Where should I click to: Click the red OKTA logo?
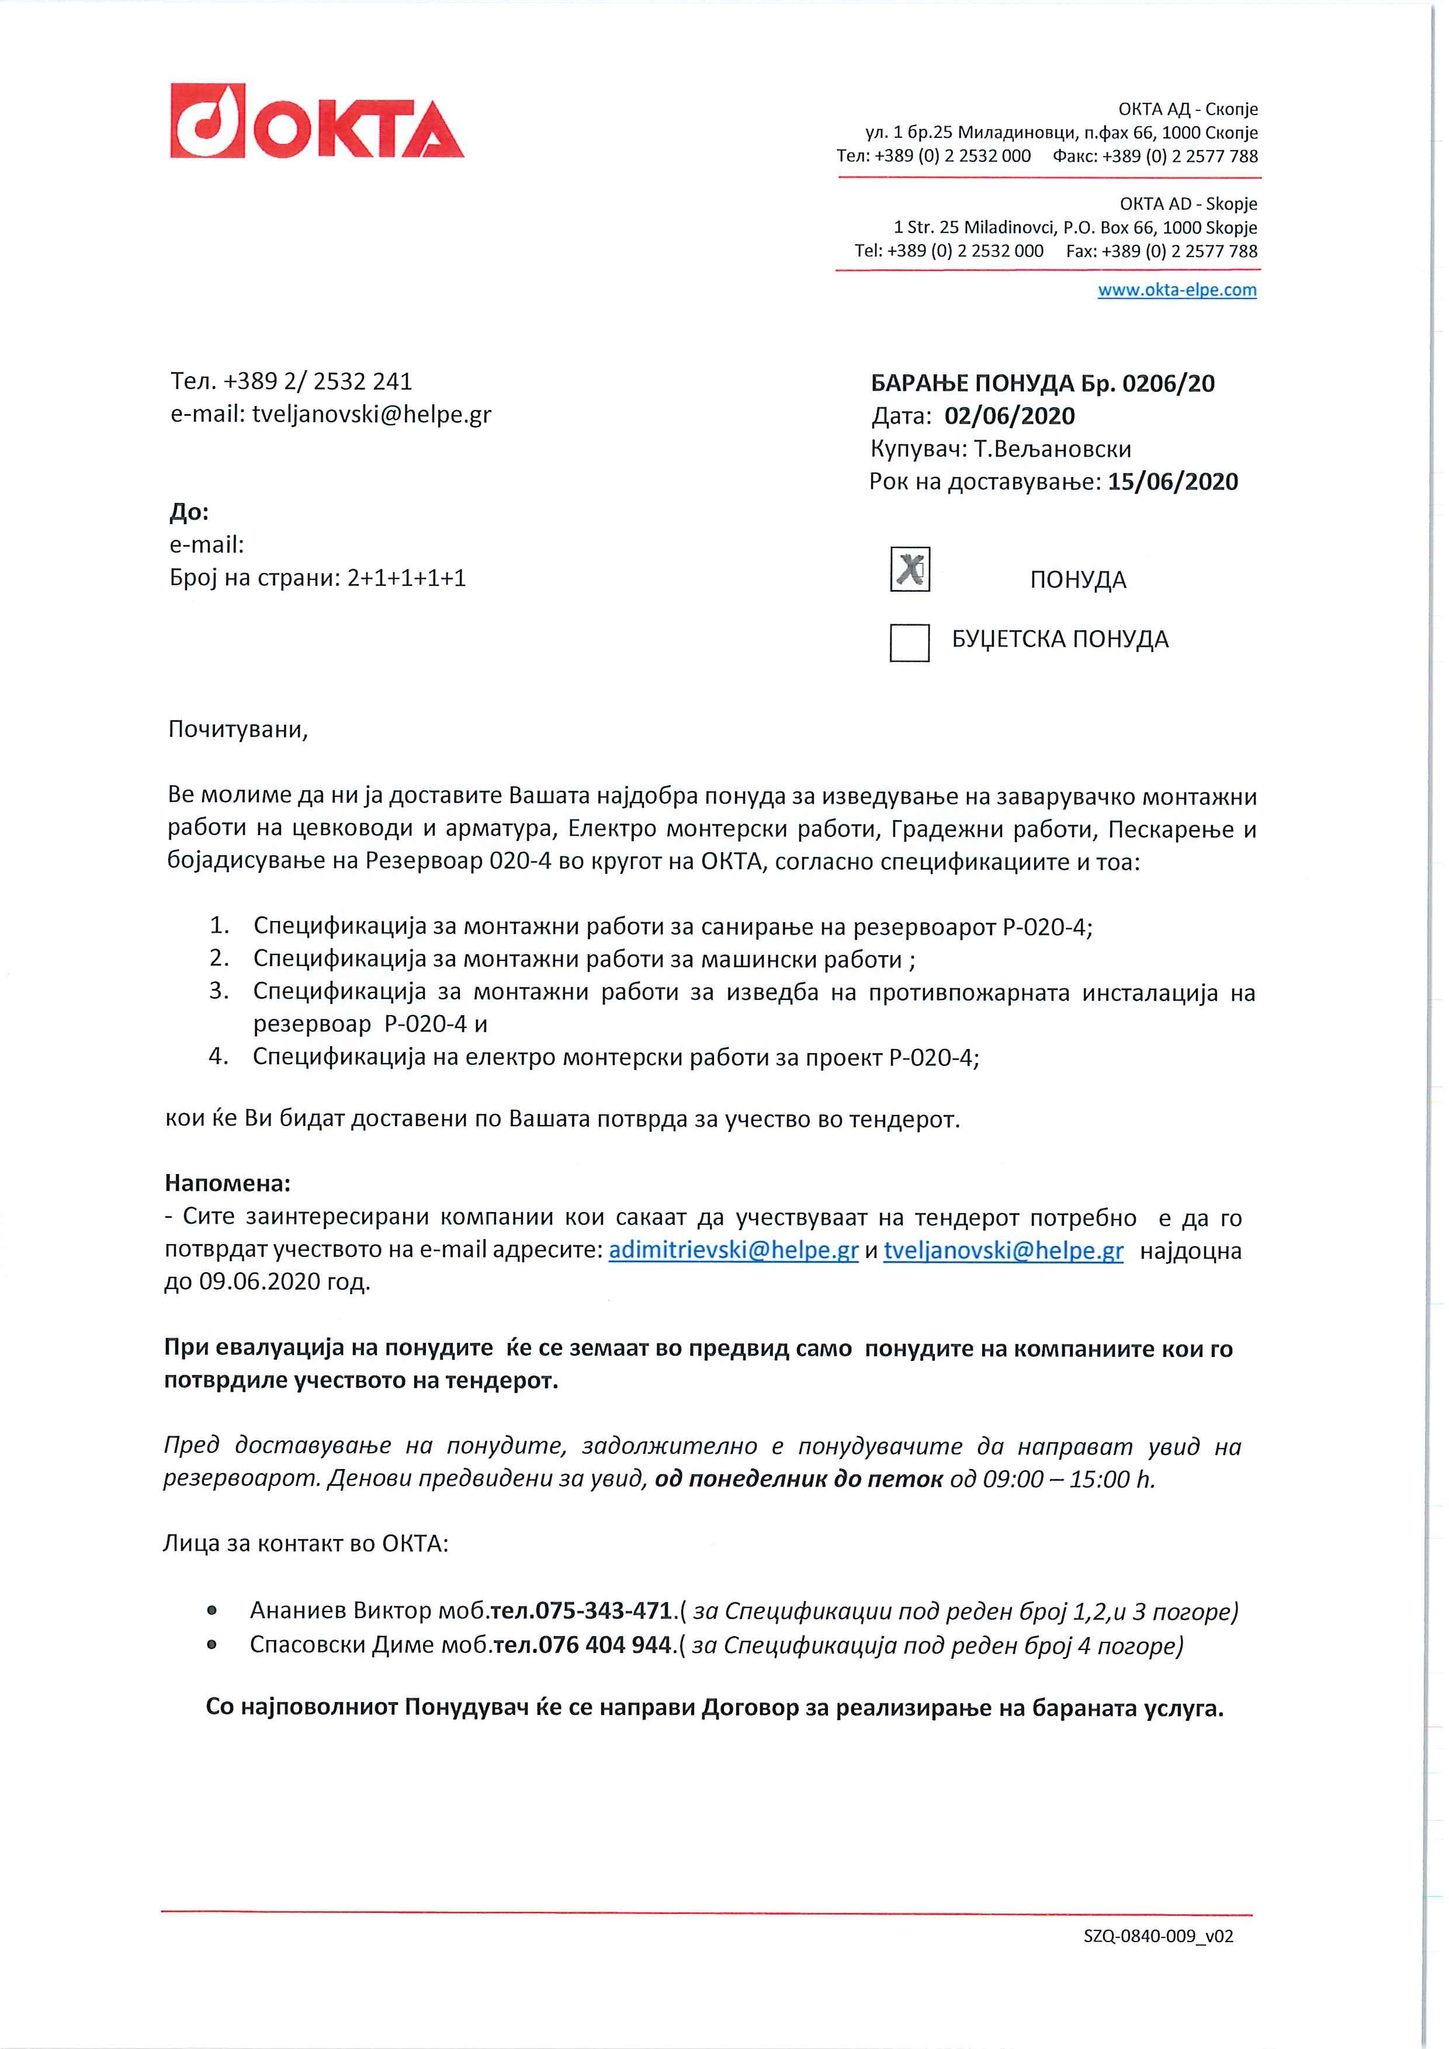pyautogui.click(x=317, y=121)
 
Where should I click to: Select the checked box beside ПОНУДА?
pyautogui.click(x=910, y=569)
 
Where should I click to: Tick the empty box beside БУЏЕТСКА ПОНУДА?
pyautogui.click(x=909, y=643)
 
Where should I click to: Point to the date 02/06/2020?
pyautogui.click(x=1010, y=416)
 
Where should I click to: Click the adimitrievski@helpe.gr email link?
pyautogui.click(x=733, y=1251)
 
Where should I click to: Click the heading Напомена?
pyautogui.click(x=228, y=1184)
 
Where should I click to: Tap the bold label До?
pyautogui.click(x=189, y=512)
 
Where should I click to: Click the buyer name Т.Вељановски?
pyautogui.click(x=1053, y=449)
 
